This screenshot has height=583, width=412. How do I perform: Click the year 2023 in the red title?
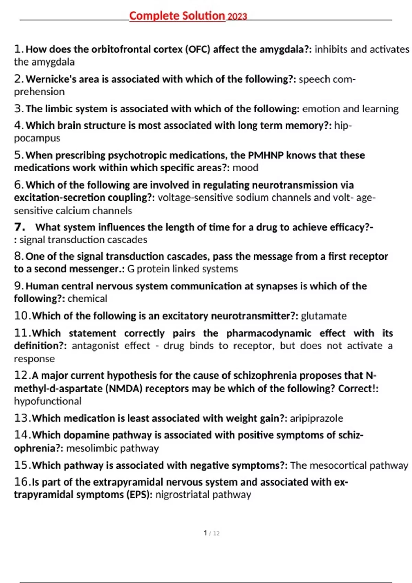[237, 16]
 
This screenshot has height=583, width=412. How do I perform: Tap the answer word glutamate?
[324, 316]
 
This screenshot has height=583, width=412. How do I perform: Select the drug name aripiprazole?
[316, 418]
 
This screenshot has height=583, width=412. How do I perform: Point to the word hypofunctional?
[48, 401]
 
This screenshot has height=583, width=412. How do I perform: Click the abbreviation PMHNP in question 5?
[266, 155]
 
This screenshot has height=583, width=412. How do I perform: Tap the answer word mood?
[245, 168]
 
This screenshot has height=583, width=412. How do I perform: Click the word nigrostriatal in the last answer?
[182, 495]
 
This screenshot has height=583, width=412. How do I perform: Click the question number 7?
[19, 227]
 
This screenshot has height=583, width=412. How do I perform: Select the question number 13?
[22, 418]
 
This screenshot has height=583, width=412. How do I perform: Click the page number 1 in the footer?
[205, 533]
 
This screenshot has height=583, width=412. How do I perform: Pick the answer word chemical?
[87, 299]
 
